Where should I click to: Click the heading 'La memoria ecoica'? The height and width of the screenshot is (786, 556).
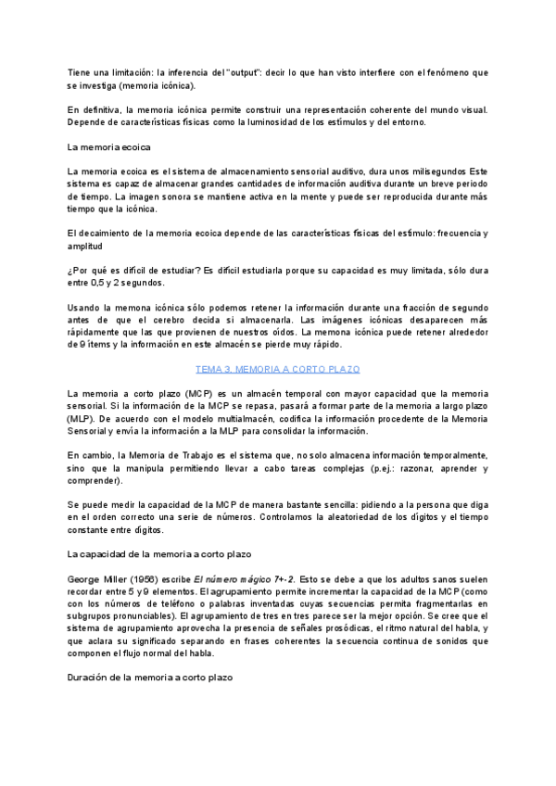point(110,147)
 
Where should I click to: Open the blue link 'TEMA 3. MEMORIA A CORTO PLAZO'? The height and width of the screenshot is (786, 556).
point(277,369)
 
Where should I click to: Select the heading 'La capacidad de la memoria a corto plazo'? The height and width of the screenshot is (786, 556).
point(159,554)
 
